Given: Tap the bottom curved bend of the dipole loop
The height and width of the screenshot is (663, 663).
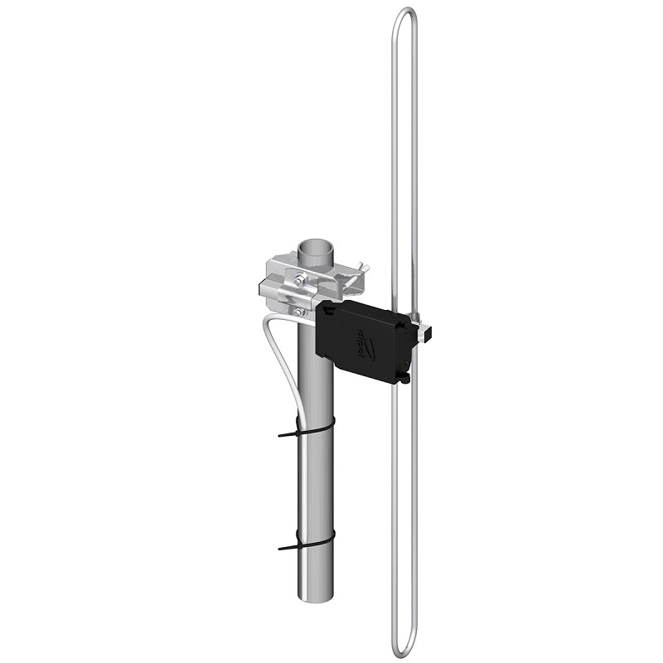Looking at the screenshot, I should pos(404,648).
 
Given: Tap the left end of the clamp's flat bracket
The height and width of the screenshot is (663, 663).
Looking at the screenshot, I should pos(264,289).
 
